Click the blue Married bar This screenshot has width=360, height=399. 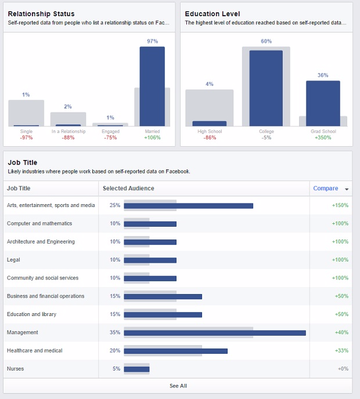[x=152, y=86]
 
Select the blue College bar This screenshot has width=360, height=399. [x=266, y=88]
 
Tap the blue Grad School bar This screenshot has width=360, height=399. [x=323, y=103]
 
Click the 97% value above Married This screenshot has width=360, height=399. [x=152, y=41]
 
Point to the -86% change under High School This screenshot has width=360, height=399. [x=210, y=137]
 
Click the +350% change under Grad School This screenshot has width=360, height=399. [x=323, y=137]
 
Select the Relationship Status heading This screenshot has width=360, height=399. [x=41, y=13]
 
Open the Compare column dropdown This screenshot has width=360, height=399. [x=347, y=189]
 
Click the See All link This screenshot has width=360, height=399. [x=178, y=386]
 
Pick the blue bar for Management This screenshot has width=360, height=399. [x=215, y=333]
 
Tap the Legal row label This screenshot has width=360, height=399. [x=14, y=260]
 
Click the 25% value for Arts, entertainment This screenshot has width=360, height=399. [x=114, y=205]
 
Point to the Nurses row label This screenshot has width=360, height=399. [x=15, y=369]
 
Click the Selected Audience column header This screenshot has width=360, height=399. [x=128, y=188]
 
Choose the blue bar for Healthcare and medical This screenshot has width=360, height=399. [x=175, y=351]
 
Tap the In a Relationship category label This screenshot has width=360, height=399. [x=68, y=132]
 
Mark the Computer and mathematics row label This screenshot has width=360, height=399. [x=39, y=223]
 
